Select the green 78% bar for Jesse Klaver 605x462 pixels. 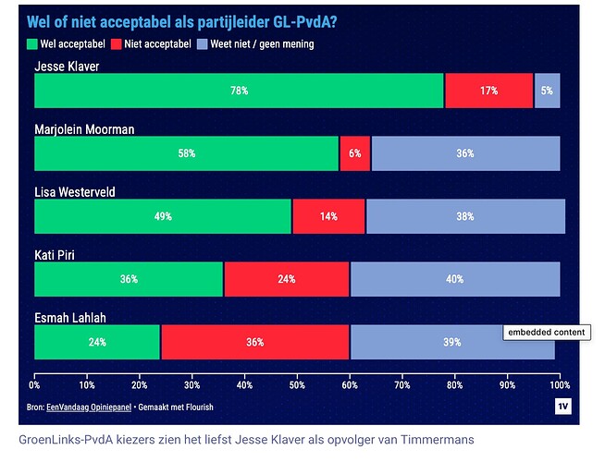pyautogui.click(x=239, y=91)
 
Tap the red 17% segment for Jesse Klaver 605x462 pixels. pyautogui.click(x=488, y=91)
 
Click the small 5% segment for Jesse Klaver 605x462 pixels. pyautogui.click(x=547, y=91)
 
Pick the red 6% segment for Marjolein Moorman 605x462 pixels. pyautogui.click(x=355, y=153)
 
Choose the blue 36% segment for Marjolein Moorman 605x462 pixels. pyautogui.click(x=465, y=153)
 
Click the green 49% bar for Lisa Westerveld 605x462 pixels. pyautogui.click(x=163, y=216)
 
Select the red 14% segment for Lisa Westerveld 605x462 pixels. pyautogui.click(x=328, y=216)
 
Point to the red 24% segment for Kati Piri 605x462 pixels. pyautogui.click(x=287, y=279)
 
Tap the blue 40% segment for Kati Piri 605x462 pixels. pyautogui.click(x=454, y=279)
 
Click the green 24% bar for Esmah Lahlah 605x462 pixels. pyautogui.click(x=97, y=342)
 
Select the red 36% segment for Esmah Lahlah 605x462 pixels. pyautogui.click(x=255, y=342)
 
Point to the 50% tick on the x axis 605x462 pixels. pyautogui.click(x=298, y=384)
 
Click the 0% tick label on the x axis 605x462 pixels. pyautogui.click(x=35, y=384)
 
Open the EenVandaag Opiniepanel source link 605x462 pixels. pyautogui.click(x=87, y=407)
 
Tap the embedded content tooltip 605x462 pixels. pyautogui.click(x=545, y=333)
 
